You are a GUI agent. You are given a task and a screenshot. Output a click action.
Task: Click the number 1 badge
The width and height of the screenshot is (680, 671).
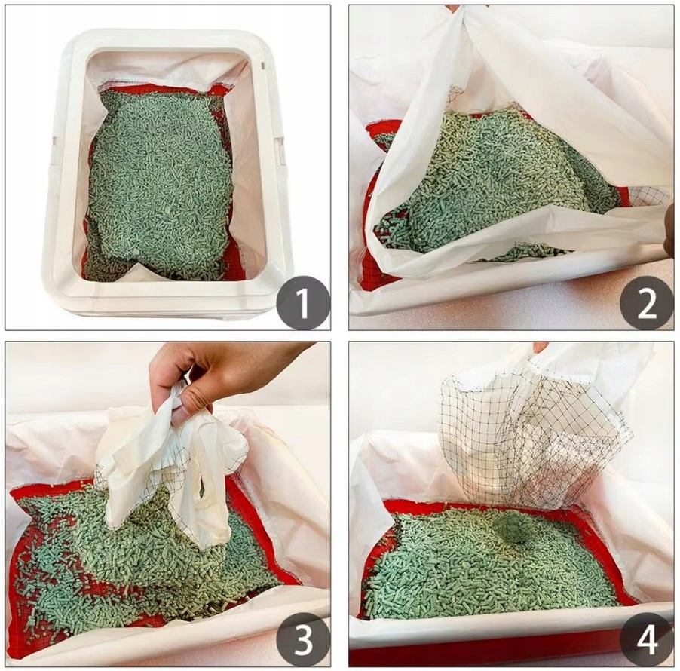303,304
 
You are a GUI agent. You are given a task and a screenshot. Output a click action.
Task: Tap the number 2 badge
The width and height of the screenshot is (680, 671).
647,304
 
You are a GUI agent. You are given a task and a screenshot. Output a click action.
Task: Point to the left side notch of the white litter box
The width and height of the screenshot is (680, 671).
54,149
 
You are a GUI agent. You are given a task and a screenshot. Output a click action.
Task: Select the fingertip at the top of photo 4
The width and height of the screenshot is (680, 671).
541,347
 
